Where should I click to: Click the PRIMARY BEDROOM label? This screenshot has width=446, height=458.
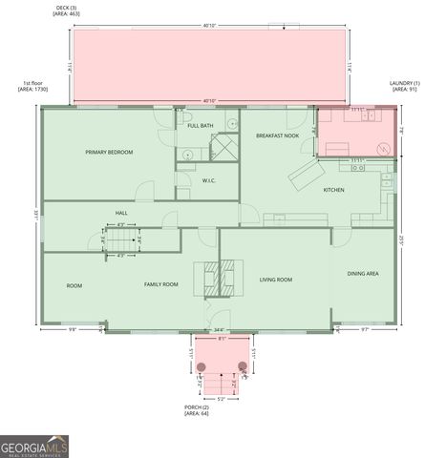click(x=108, y=153)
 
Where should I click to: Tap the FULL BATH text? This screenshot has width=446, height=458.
click(x=200, y=126)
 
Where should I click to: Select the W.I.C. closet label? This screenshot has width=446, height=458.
click(x=208, y=180)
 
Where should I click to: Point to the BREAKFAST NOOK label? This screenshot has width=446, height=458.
click(x=277, y=135)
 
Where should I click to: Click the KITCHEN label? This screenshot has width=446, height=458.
click(x=333, y=190)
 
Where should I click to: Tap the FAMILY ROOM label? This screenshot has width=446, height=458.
click(x=161, y=284)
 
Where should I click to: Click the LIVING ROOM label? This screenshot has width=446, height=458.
click(x=276, y=280)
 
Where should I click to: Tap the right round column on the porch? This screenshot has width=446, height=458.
click(x=243, y=365)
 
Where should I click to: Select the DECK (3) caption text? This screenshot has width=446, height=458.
click(x=66, y=11)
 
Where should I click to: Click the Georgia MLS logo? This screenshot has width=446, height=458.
click(x=34, y=446)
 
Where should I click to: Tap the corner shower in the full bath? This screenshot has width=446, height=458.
click(x=224, y=148)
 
